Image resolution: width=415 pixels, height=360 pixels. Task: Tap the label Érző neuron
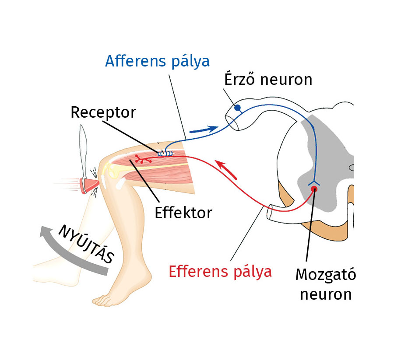pyautogui.click(x=268, y=80)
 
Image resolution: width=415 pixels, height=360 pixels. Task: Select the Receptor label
pyautogui.click(x=103, y=112)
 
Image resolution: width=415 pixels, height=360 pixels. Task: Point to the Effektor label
pyautogui.click(x=183, y=213)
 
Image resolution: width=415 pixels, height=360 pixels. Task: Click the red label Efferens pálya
pyautogui.click(x=220, y=272)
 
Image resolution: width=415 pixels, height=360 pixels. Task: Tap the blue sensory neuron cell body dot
pyautogui.click(x=238, y=108)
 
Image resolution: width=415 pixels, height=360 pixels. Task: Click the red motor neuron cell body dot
pyautogui.click(x=314, y=189)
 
